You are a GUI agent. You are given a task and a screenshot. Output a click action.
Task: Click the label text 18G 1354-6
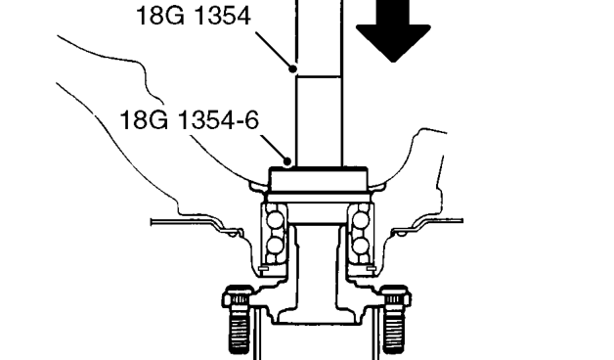click(x=189, y=120)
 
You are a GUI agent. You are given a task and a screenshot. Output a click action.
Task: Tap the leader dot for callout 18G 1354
click(x=292, y=68)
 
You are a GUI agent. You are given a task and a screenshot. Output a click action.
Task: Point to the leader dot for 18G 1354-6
click(x=287, y=161)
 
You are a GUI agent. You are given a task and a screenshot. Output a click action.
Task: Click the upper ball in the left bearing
click(x=274, y=219)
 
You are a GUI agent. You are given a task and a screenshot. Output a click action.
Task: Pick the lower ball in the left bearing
click(x=274, y=246)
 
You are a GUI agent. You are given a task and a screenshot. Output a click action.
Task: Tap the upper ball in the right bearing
click(x=361, y=219)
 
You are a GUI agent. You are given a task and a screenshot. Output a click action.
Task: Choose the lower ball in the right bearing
click(x=361, y=246)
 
